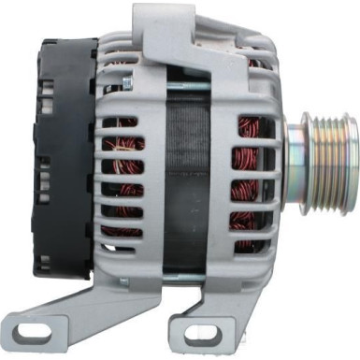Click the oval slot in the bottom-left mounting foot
(47, 333)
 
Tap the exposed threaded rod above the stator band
(187, 87)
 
